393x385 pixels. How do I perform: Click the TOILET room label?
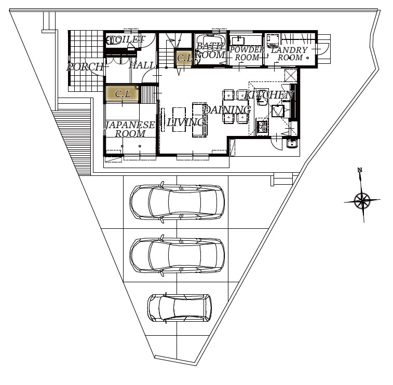tap(127, 39)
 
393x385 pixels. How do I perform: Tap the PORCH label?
tap(85, 66)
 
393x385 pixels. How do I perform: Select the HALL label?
tap(143, 65)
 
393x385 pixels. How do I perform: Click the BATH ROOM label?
tap(210, 50)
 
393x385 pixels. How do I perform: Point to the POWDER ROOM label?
tap(247, 53)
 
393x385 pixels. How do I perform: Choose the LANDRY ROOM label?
tap(290, 53)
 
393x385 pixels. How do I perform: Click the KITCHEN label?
tap(269, 94)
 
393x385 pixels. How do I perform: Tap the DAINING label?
tap(227, 109)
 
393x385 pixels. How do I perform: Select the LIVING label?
tap(186, 122)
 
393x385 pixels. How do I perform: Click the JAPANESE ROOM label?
tap(130, 129)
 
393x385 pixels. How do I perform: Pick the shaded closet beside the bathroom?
tap(183, 58)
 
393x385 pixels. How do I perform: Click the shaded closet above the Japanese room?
tap(122, 94)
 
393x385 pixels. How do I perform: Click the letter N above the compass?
tap(360, 170)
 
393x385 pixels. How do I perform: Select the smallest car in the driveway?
tap(180, 308)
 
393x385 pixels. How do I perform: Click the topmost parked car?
tap(177, 202)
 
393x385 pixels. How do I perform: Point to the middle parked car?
tap(177, 255)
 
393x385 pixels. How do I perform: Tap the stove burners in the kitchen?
tap(262, 126)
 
